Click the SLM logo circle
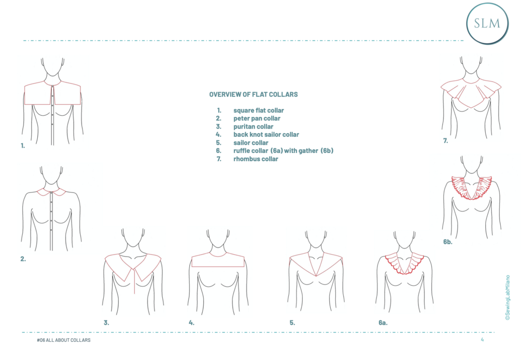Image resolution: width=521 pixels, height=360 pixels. [x=487, y=23]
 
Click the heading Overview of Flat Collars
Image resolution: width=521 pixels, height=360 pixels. [x=253, y=94]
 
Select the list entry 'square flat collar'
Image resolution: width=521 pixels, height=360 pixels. [x=258, y=110]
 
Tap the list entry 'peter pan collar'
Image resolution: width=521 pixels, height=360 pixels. [x=257, y=119]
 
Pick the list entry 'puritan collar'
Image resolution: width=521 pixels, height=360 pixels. [x=253, y=127]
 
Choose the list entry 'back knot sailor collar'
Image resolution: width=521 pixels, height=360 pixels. [x=266, y=135]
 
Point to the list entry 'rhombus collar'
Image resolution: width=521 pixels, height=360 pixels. [x=255, y=159]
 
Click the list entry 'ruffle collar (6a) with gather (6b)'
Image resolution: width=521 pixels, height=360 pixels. [x=283, y=151]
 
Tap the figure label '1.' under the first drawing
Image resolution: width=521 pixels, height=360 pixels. [x=23, y=146]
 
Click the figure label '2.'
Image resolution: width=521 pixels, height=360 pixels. [x=23, y=259]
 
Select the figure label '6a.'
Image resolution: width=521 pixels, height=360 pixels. [x=383, y=323]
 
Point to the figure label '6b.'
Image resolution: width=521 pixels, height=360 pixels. [x=447, y=241]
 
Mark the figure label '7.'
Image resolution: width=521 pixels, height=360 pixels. [x=445, y=141]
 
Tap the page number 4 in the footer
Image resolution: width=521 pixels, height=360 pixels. [x=482, y=340]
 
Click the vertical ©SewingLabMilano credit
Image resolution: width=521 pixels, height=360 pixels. [x=507, y=298]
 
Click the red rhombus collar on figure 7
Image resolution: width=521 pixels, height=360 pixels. [x=470, y=93]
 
